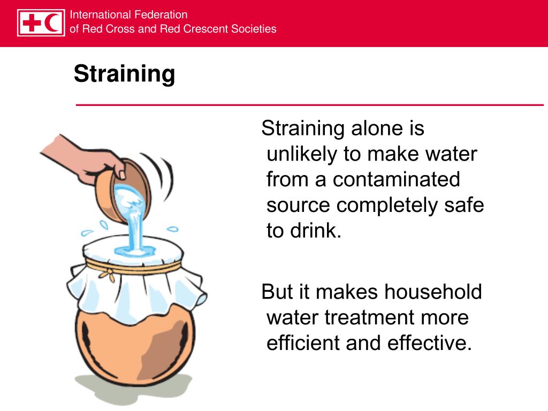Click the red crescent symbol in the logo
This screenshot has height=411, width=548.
tap(53, 23)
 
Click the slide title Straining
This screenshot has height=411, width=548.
tap(124, 74)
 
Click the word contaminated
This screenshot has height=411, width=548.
tap(396, 179)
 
